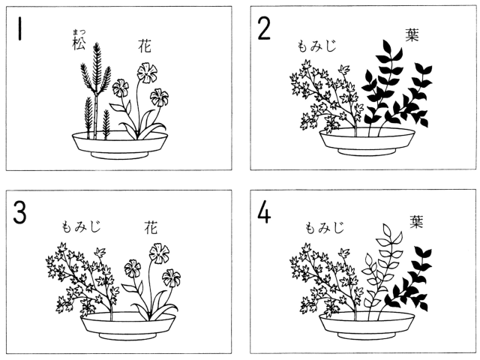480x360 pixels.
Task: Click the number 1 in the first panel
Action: (x=20, y=28)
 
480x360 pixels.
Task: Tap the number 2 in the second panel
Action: (x=264, y=28)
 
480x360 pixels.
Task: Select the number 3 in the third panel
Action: (x=20, y=212)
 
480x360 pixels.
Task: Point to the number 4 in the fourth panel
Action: (x=264, y=212)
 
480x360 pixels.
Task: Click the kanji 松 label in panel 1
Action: (x=79, y=43)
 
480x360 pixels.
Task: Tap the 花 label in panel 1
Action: (x=145, y=46)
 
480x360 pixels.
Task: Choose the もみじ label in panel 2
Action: (x=316, y=46)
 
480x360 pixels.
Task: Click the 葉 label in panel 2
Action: (x=412, y=34)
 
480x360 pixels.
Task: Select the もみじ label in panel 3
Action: (x=81, y=226)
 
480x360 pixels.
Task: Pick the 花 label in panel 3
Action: (x=151, y=228)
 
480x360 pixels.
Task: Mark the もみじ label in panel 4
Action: (x=325, y=227)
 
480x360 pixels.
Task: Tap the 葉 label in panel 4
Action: (x=416, y=222)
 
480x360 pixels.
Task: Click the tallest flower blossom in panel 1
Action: (x=147, y=73)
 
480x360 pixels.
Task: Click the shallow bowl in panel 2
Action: (x=367, y=142)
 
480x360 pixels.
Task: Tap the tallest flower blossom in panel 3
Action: (x=159, y=253)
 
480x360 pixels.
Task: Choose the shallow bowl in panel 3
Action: (x=128, y=325)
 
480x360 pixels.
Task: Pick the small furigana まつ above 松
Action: (x=79, y=32)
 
